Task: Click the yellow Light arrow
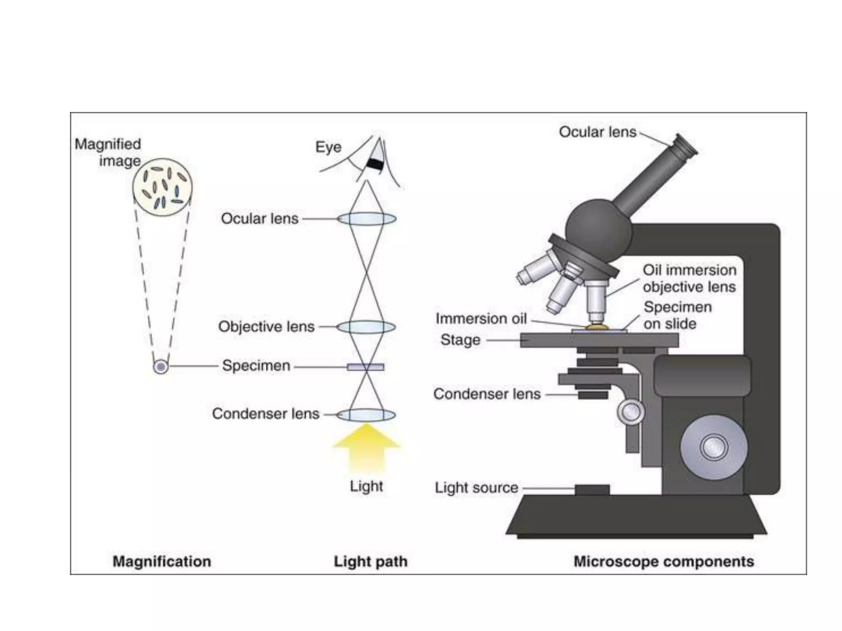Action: (x=366, y=448)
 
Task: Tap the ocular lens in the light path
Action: (x=367, y=219)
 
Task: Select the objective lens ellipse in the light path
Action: (x=366, y=327)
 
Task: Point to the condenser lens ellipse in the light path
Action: (x=366, y=415)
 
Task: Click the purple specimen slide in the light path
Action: (x=365, y=367)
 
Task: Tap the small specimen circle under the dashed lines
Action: (x=161, y=366)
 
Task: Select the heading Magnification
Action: (x=162, y=562)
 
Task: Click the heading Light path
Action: (x=370, y=562)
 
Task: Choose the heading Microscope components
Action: (x=664, y=562)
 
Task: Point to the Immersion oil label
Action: (x=481, y=318)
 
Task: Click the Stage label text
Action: (x=460, y=340)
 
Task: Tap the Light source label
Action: (x=477, y=488)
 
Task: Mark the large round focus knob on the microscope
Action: (x=714, y=447)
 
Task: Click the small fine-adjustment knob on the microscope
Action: (x=631, y=412)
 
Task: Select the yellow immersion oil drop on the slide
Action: (x=597, y=327)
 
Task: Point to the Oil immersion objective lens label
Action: (x=689, y=278)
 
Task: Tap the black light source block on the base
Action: (x=592, y=490)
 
